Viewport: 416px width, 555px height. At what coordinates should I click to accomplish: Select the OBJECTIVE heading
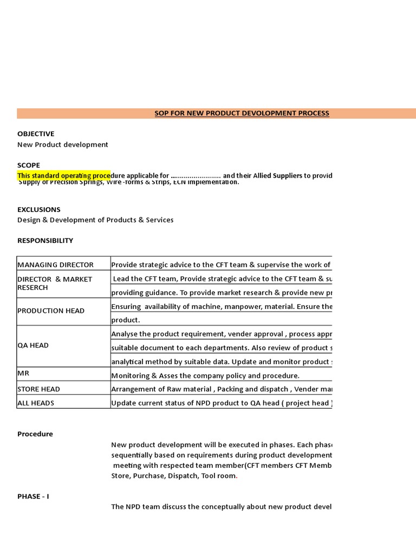(36, 134)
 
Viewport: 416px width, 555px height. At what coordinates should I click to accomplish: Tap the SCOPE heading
(29, 165)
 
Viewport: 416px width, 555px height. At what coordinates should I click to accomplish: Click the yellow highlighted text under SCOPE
(64, 176)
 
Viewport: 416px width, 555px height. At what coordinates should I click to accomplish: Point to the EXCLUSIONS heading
(39, 210)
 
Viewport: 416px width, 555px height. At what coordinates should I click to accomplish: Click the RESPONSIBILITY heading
(45, 241)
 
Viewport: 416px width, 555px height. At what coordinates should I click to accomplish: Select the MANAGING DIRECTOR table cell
(55, 265)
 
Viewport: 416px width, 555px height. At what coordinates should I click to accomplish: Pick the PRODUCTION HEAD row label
(51, 311)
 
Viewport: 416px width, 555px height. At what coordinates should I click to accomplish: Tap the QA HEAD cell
(33, 345)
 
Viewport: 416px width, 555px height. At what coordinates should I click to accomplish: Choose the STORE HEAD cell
(38, 389)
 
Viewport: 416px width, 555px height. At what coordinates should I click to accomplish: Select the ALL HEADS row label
(36, 403)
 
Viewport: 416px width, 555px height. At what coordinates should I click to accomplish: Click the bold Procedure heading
(35, 434)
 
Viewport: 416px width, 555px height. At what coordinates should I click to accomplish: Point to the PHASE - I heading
(33, 496)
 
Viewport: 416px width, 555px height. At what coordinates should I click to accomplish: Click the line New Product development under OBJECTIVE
(62, 145)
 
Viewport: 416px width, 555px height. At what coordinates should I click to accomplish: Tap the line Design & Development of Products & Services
(95, 220)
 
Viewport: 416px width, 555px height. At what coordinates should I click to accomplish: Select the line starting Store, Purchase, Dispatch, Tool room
(174, 476)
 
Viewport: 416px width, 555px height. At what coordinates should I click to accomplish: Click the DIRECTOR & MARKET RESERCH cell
(55, 283)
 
